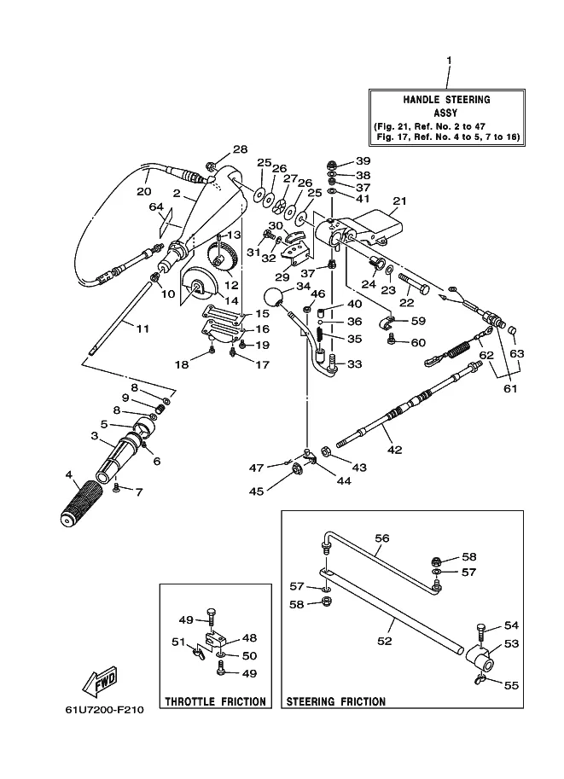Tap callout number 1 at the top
coord(449,60)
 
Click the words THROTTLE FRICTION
coord(215,702)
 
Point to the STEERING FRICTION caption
coord(335,702)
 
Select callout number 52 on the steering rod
coord(385,641)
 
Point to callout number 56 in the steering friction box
coord(382,539)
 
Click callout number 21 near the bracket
coord(398,202)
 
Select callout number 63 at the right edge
coord(517,352)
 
